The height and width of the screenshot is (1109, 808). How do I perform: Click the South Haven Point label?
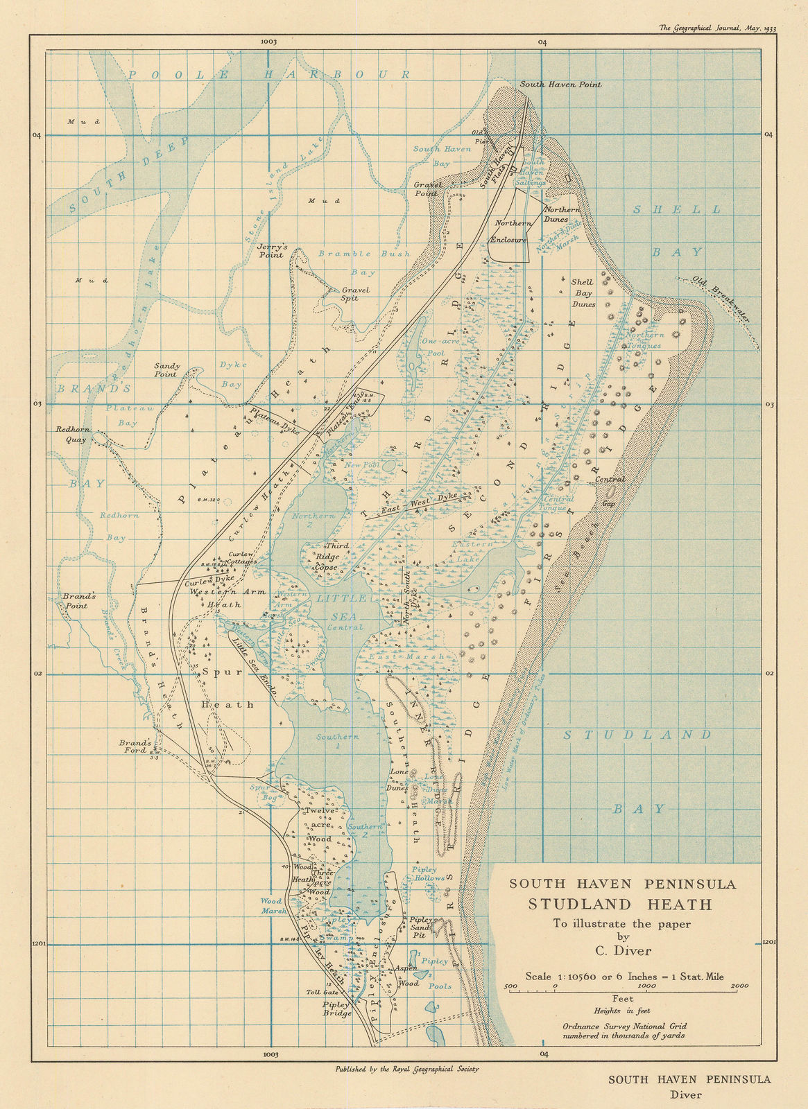click(x=560, y=85)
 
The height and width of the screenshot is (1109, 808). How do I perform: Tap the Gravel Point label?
click(x=428, y=189)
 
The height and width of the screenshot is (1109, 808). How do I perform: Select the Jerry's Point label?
click(x=270, y=250)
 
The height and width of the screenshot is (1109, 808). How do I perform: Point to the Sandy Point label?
click(x=167, y=370)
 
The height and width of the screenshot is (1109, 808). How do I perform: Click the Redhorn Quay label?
click(x=71, y=434)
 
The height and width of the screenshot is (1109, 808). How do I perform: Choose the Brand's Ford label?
click(x=134, y=746)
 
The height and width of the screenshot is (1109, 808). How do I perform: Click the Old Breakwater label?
click(x=721, y=299)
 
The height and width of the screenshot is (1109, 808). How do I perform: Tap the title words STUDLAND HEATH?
click(x=620, y=904)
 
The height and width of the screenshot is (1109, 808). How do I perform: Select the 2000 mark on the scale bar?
click(x=739, y=986)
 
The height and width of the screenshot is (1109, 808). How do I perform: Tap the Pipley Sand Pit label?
click(x=421, y=927)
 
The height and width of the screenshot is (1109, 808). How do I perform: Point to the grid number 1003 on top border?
click(x=269, y=42)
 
